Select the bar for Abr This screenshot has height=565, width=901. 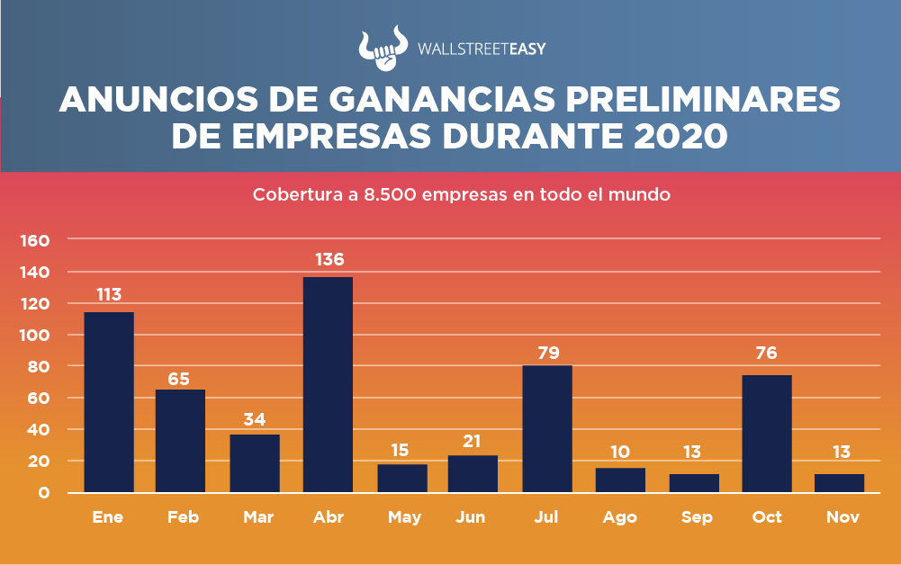coord(328,384)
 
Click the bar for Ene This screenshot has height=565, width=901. coord(109,401)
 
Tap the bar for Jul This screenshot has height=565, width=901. coord(547,428)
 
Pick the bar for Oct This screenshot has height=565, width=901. coord(767,433)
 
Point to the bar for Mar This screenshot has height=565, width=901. coord(255,462)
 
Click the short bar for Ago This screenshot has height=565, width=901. coord(620,480)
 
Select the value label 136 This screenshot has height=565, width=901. coord(329,260)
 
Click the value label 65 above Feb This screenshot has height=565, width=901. coord(179,379)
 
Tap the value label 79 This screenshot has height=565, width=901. coord(547,352)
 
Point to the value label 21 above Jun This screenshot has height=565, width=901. coord(473,442)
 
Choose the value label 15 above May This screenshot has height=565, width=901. coord(401,448)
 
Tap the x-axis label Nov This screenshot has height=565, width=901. coord(842,517)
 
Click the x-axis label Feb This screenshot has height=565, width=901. coord(182,517)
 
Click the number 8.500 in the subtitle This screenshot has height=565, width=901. coord(391,194)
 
